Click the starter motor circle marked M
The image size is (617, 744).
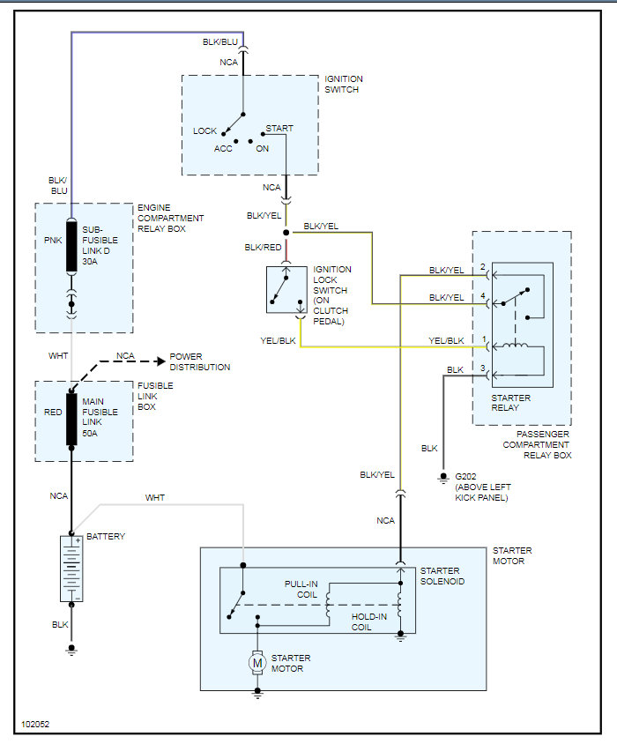tap(257, 663)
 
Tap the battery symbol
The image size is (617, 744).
tap(71, 569)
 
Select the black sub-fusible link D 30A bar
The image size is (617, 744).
tap(71, 245)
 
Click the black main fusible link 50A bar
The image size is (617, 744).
tap(71, 419)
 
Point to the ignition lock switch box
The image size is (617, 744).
tap(286, 289)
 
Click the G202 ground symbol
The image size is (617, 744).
tap(443, 477)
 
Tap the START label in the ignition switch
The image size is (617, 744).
tap(279, 128)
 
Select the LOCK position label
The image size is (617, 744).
tap(204, 131)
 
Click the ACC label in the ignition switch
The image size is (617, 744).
tap(223, 148)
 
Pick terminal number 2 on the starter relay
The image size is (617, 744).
tap(483, 267)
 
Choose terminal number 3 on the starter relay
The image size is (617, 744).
tap(483, 368)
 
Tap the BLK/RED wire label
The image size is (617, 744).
tap(263, 247)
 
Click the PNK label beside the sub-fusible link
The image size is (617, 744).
tap(53, 241)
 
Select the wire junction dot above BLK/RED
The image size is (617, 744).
tap(286, 233)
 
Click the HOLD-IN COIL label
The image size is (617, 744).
tap(368, 621)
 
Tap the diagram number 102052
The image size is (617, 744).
tap(35, 724)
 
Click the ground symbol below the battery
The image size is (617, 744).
tap(71, 649)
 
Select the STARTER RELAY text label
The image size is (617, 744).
tap(510, 403)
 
